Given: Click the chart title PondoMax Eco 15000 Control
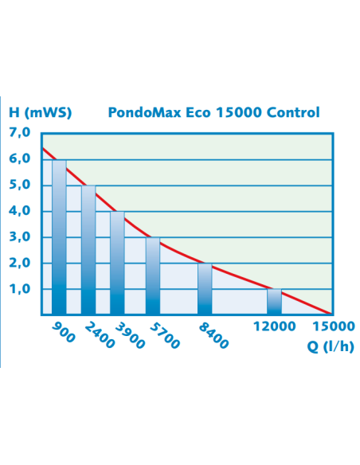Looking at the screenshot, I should point(213,112).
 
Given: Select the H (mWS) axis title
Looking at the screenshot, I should point(41,112).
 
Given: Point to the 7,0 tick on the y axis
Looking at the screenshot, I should point(20,133).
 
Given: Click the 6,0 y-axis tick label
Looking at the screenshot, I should point(20,159).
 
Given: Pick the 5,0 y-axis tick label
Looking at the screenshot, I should point(20,186).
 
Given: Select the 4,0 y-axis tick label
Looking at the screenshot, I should point(20,212).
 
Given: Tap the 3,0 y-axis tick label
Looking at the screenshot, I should point(20,237).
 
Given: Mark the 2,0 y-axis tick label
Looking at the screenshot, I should point(20,264).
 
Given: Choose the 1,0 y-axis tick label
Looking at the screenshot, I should point(20,290).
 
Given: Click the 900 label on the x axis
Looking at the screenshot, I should point(63,332).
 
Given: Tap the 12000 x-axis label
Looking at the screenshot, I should point(275,326).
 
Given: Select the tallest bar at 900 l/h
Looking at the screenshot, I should point(60,237).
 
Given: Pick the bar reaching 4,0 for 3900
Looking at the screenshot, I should point(117,263).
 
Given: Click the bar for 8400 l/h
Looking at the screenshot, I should point(205,289).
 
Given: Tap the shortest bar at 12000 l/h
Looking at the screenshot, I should point(275,302).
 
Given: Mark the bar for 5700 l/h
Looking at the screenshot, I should point(152,276).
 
